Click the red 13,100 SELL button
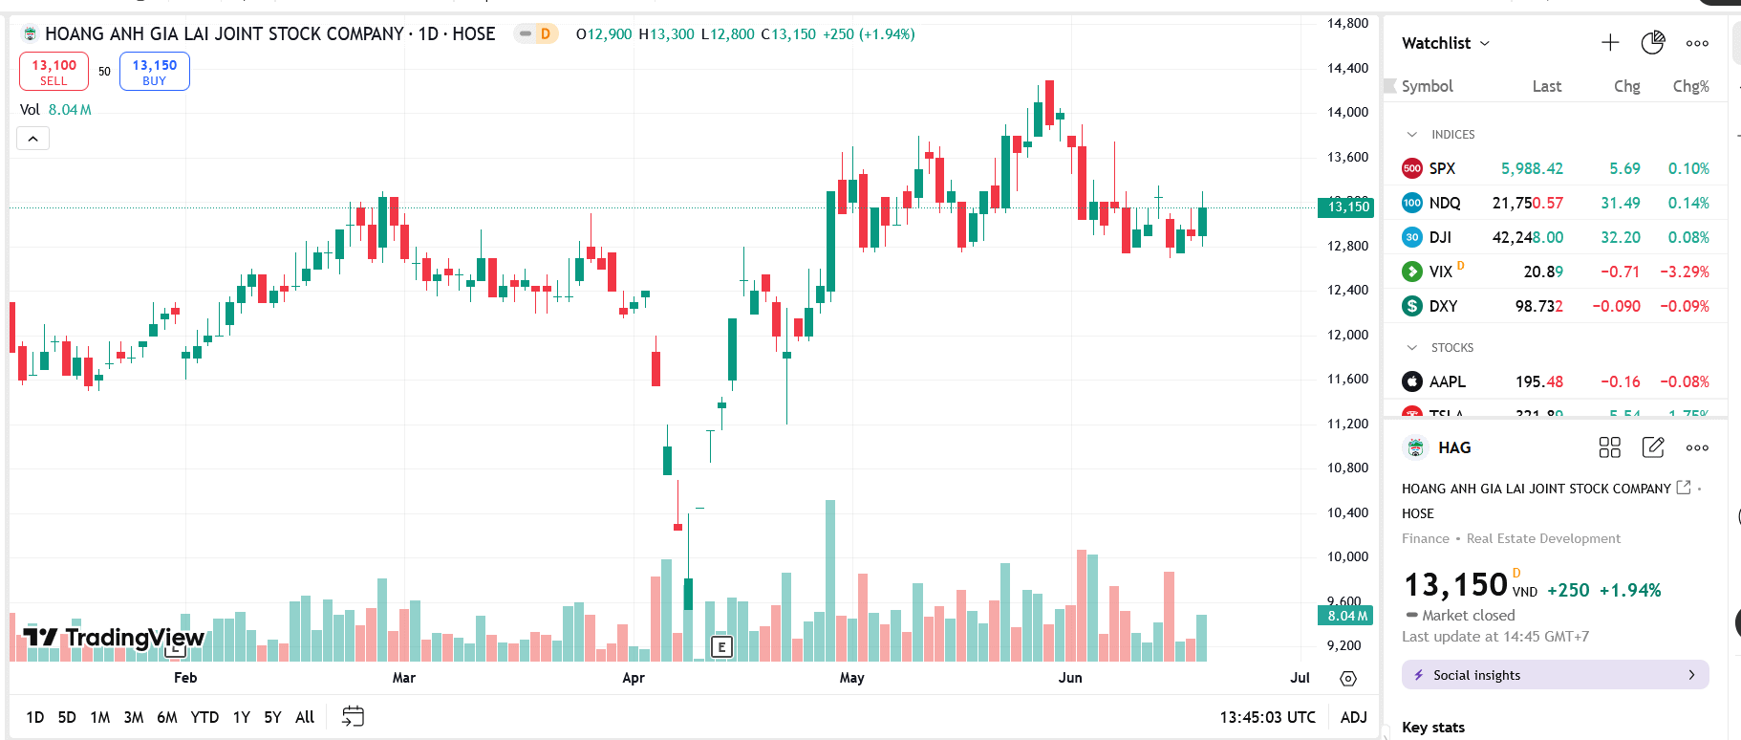point(54,72)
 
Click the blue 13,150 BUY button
point(155,72)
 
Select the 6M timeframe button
point(167,717)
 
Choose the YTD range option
point(204,717)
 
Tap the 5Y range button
point(272,717)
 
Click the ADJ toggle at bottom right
point(1353,717)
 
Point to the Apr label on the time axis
point(634,678)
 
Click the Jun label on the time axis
point(1070,678)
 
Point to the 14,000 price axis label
point(1347,112)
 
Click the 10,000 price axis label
point(1347,556)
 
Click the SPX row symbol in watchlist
point(1442,168)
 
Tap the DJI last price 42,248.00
point(1528,237)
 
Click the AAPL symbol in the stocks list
point(1447,381)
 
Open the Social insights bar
point(1555,675)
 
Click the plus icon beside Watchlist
point(1610,43)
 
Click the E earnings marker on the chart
point(721,647)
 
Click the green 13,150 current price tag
point(1347,207)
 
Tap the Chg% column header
point(1690,86)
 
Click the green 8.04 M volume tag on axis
point(1347,616)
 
